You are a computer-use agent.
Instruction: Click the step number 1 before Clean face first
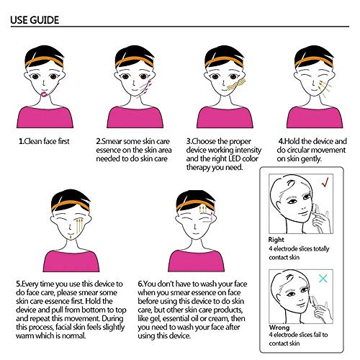point(21,141)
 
